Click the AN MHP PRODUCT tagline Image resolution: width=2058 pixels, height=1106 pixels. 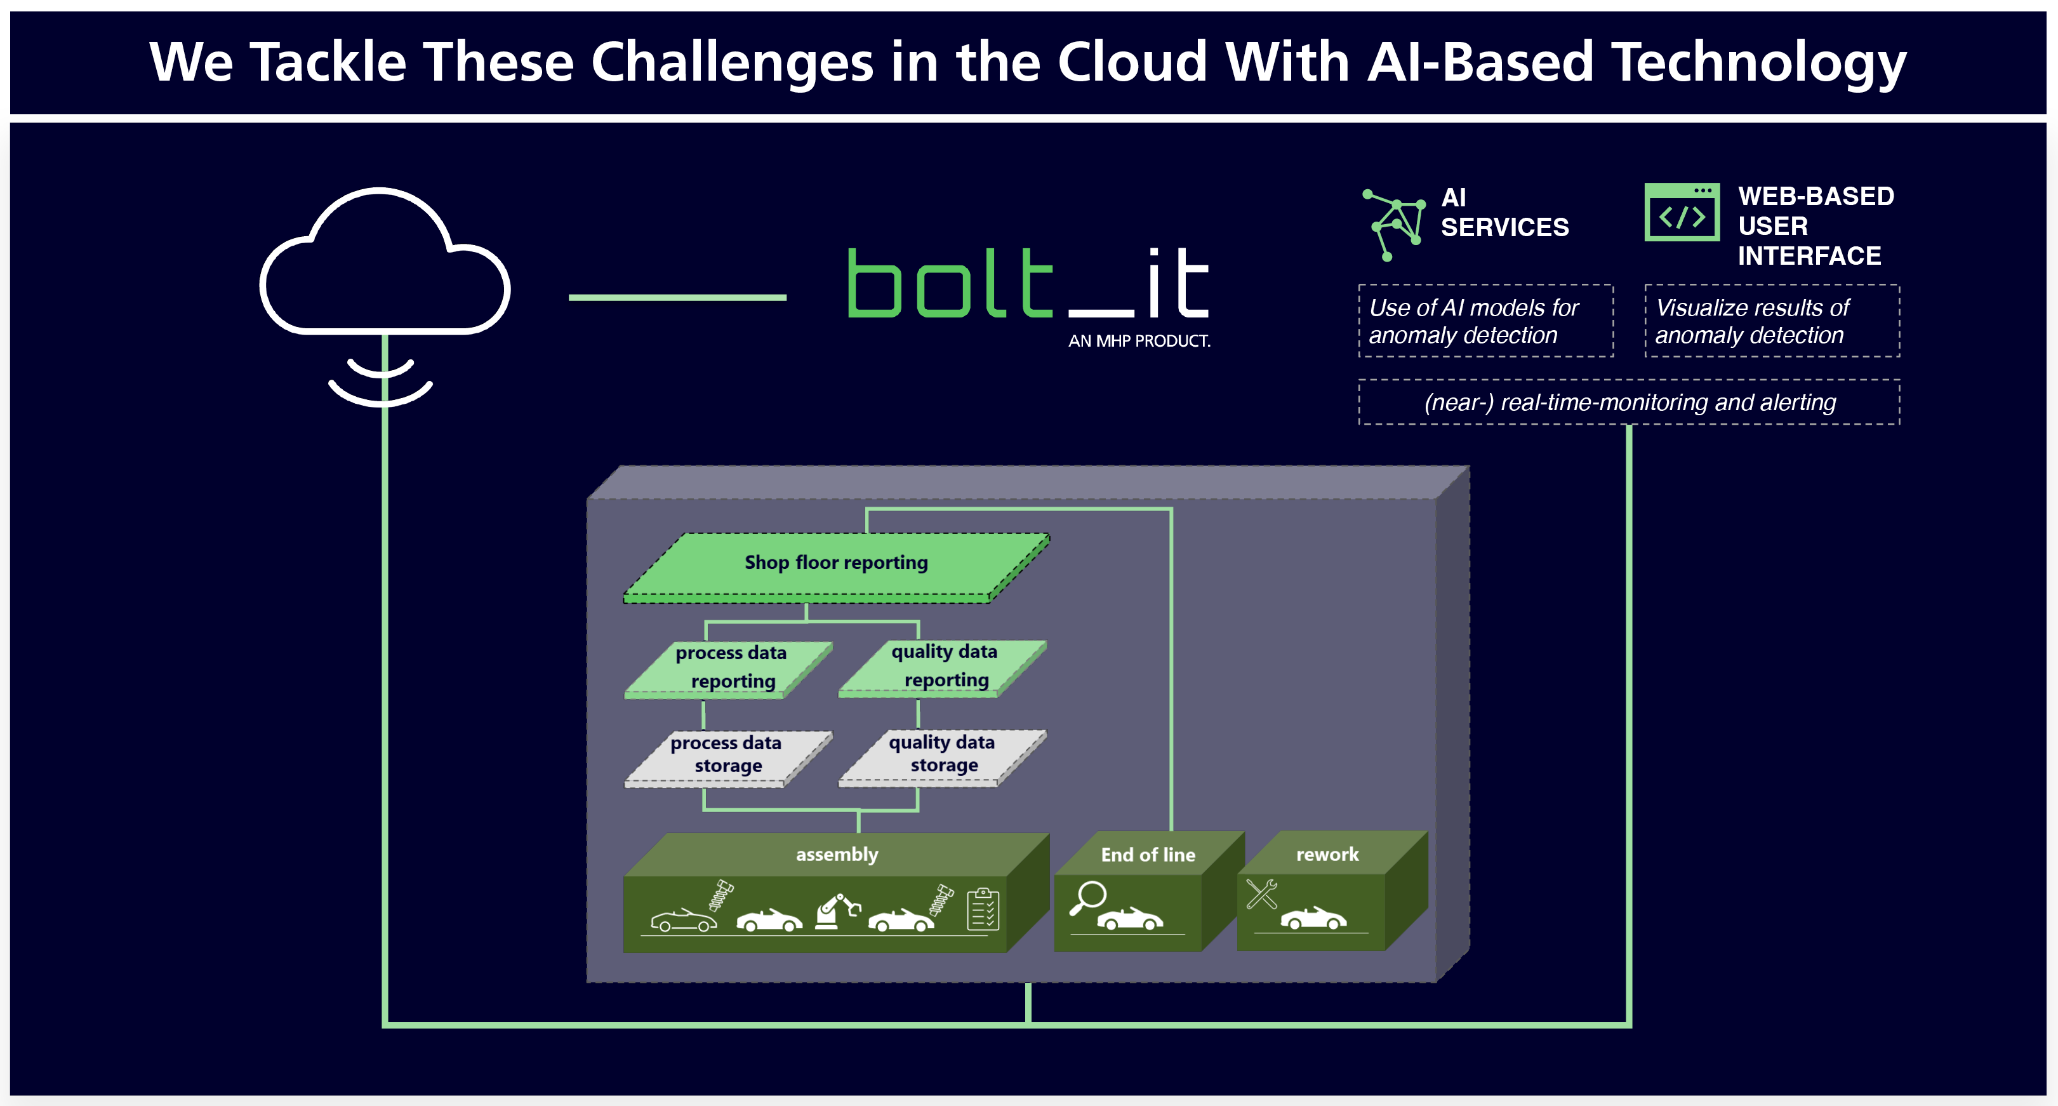tap(1139, 341)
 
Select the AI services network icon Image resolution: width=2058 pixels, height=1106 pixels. tap(1394, 225)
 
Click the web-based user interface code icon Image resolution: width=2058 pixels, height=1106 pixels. tap(1682, 212)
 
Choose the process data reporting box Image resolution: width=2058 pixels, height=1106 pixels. tap(729, 670)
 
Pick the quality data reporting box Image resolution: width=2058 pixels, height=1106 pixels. tap(943, 668)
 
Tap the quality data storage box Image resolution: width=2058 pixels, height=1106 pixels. tap(943, 757)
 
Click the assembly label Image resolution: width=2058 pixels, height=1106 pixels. tap(837, 855)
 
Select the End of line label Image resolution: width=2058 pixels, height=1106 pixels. tap(1148, 855)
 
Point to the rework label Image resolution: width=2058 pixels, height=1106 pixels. tap(1327, 855)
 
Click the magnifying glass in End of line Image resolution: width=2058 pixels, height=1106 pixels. tap(1088, 897)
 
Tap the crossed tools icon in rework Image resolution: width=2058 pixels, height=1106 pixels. tap(1261, 893)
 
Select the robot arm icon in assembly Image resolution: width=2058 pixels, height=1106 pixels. tap(837, 911)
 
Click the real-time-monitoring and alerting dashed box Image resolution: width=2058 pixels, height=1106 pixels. tap(1629, 402)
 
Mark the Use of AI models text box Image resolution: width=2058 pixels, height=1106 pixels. tap(1486, 321)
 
